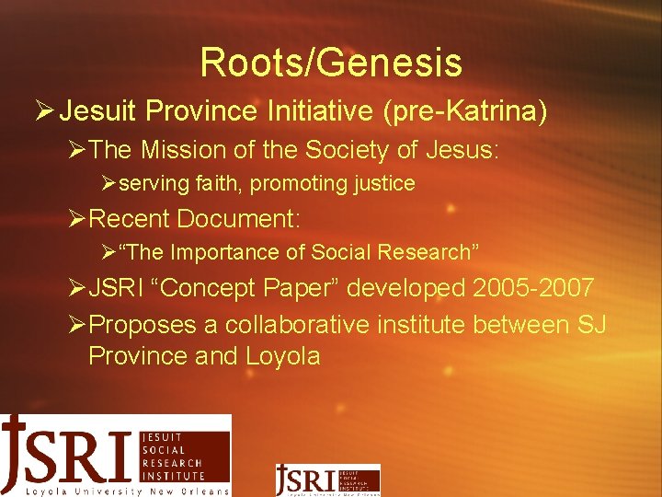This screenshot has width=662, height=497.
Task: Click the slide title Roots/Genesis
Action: point(330,63)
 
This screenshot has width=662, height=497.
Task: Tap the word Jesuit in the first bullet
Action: point(97,112)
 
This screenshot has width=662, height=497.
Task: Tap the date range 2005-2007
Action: point(533,288)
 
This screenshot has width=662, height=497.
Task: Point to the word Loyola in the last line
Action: point(282,355)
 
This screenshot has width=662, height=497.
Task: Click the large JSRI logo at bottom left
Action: point(115,455)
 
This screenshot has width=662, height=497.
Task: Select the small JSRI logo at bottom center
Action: point(327,480)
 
